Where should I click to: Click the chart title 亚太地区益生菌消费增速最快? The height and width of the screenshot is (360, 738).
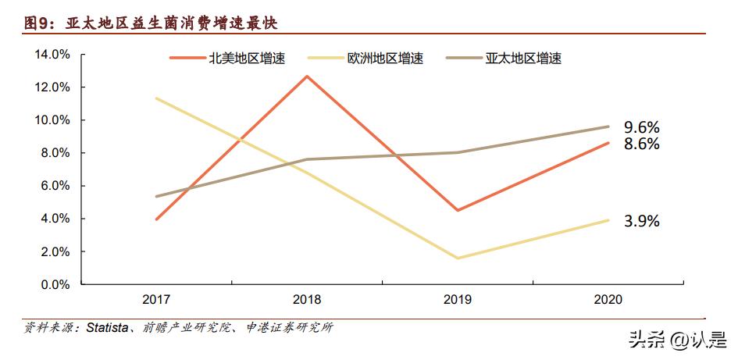coord(152,23)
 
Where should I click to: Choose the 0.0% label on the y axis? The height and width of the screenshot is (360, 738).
coord(55,285)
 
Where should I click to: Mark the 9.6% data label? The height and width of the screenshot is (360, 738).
coord(642,127)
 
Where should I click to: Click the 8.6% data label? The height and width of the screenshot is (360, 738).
coord(642,144)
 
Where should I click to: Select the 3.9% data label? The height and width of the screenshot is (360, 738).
coord(642,221)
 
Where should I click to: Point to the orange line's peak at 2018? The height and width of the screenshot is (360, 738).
coord(307,76)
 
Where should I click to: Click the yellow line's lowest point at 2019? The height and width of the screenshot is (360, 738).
coord(457,258)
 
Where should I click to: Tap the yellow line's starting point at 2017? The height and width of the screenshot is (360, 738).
coord(158,98)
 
